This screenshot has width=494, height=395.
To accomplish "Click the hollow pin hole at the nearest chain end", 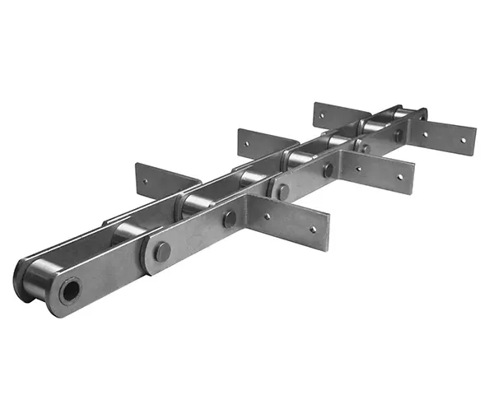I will click(71, 290).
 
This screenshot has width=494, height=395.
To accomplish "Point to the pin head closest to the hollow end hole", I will click(162, 252).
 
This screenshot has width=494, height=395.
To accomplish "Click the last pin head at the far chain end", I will click(422, 115).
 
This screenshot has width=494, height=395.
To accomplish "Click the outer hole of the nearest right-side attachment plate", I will click(312, 230).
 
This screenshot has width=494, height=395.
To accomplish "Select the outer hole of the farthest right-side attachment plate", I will click(462, 140).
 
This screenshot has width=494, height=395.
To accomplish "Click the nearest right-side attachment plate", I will click(296, 222).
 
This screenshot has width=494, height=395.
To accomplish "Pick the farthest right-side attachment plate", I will click(449, 136).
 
